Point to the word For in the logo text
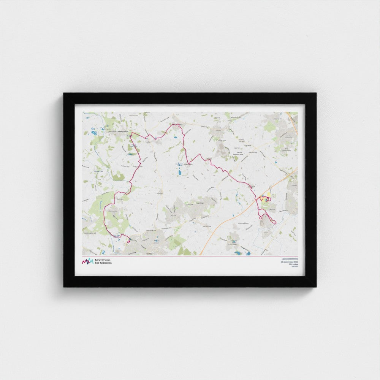pos(97,263)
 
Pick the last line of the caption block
pos(294,267)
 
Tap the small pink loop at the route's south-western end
pos(129,241)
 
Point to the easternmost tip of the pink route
pos(275,223)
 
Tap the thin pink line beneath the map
pos(190,256)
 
